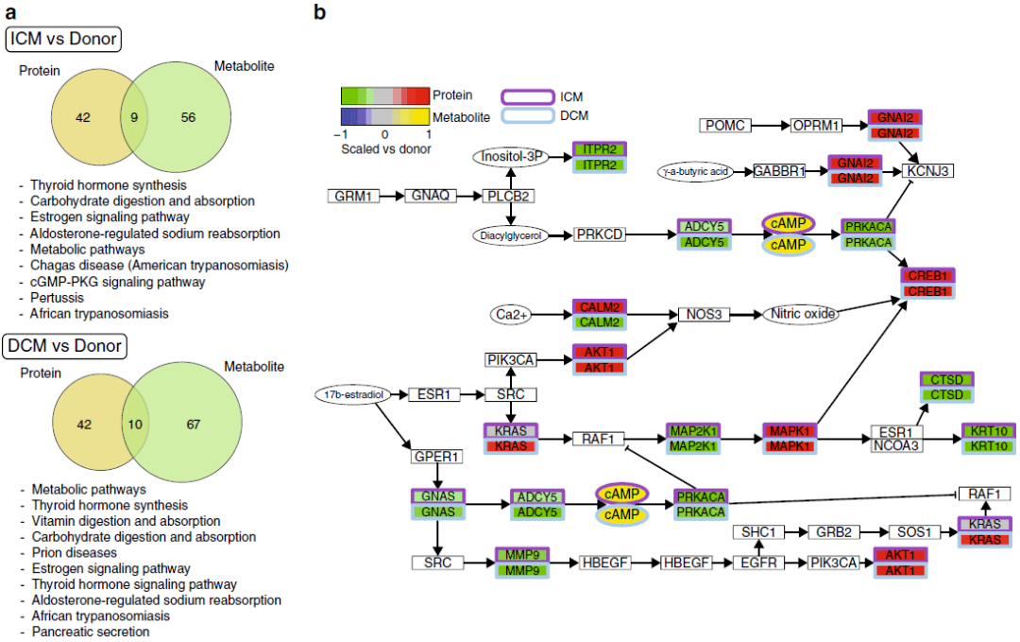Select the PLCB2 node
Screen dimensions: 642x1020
coord(510,196)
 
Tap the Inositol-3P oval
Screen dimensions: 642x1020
coord(510,157)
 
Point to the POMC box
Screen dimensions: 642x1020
coord(725,126)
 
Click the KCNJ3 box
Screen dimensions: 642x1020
coord(928,171)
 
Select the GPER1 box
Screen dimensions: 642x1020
coord(436,457)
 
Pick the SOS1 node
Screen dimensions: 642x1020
coord(916,532)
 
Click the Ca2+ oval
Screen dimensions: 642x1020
coord(515,314)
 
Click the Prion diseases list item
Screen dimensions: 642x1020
coord(74,552)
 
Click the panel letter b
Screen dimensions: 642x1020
coord(320,13)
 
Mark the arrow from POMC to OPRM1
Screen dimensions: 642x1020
coord(771,126)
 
